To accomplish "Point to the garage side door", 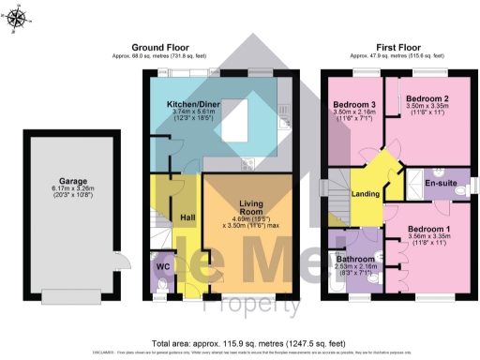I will [x=116, y=263].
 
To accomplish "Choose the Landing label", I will [x=365, y=194].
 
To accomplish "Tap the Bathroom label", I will [x=356, y=258].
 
